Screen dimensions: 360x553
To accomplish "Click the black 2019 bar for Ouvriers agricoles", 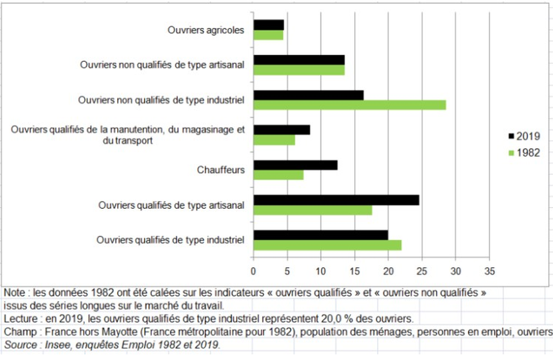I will [268, 25].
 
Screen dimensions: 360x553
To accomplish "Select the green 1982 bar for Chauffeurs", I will [278, 175].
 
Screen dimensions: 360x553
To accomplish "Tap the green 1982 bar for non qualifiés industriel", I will [350, 105].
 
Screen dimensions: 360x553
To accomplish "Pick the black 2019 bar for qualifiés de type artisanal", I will [336, 200].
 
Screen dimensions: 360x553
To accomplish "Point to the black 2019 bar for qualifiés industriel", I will [321, 235].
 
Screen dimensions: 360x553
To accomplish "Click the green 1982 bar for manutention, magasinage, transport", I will [274, 140].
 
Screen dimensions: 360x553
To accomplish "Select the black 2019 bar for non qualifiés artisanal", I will [299, 60].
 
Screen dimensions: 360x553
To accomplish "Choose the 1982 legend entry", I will [523, 153].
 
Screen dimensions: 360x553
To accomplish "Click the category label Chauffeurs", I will [220, 170].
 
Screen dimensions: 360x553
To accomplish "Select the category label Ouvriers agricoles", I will [206, 30].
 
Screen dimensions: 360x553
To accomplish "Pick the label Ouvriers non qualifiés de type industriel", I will [161, 100].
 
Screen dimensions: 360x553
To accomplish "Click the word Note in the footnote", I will [14, 293].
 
